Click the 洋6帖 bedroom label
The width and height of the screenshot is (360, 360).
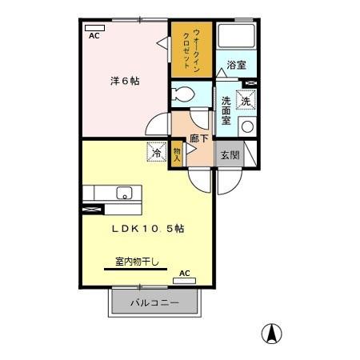(124, 81)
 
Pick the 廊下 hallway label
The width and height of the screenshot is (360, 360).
(199, 138)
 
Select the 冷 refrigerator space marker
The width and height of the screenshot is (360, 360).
(157, 150)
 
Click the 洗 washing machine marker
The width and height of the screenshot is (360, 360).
(246, 101)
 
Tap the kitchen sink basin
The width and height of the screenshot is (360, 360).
(124, 194)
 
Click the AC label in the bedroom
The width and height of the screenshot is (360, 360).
(94, 36)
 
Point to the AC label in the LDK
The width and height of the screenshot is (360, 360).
(185, 274)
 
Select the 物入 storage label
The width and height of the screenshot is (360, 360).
(178, 152)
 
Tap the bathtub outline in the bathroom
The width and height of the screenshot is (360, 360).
(236, 36)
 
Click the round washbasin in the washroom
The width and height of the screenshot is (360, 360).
(246, 126)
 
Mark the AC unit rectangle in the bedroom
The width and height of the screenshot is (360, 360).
(94, 27)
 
